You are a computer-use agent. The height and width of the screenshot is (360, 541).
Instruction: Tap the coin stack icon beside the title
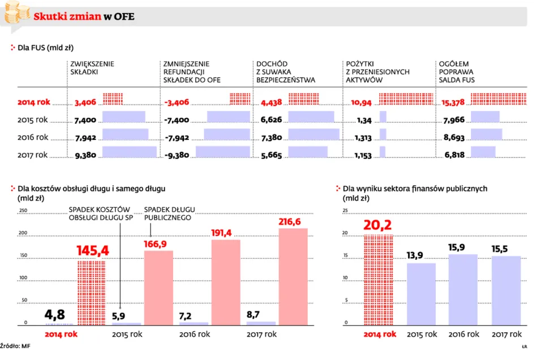(x=15, y=12)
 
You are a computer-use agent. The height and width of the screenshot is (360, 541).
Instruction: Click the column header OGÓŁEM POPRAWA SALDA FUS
(x=457, y=72)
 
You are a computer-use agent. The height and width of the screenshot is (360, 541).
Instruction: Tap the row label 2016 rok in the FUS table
(x=33, y=137)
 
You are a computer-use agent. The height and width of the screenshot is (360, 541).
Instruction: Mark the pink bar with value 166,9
(x=158, y=287)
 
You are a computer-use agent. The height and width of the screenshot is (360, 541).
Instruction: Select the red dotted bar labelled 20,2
(x=378, y=280)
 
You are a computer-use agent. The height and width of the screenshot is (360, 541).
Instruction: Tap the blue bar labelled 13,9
(x=421, y=294)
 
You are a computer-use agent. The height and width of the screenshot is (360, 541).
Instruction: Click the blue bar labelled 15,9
(x=463, y=290)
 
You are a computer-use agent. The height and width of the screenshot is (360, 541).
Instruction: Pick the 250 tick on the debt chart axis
(x=23, y=211)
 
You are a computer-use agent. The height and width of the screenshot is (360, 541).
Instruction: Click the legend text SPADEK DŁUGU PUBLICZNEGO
(x=168, y=213)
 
